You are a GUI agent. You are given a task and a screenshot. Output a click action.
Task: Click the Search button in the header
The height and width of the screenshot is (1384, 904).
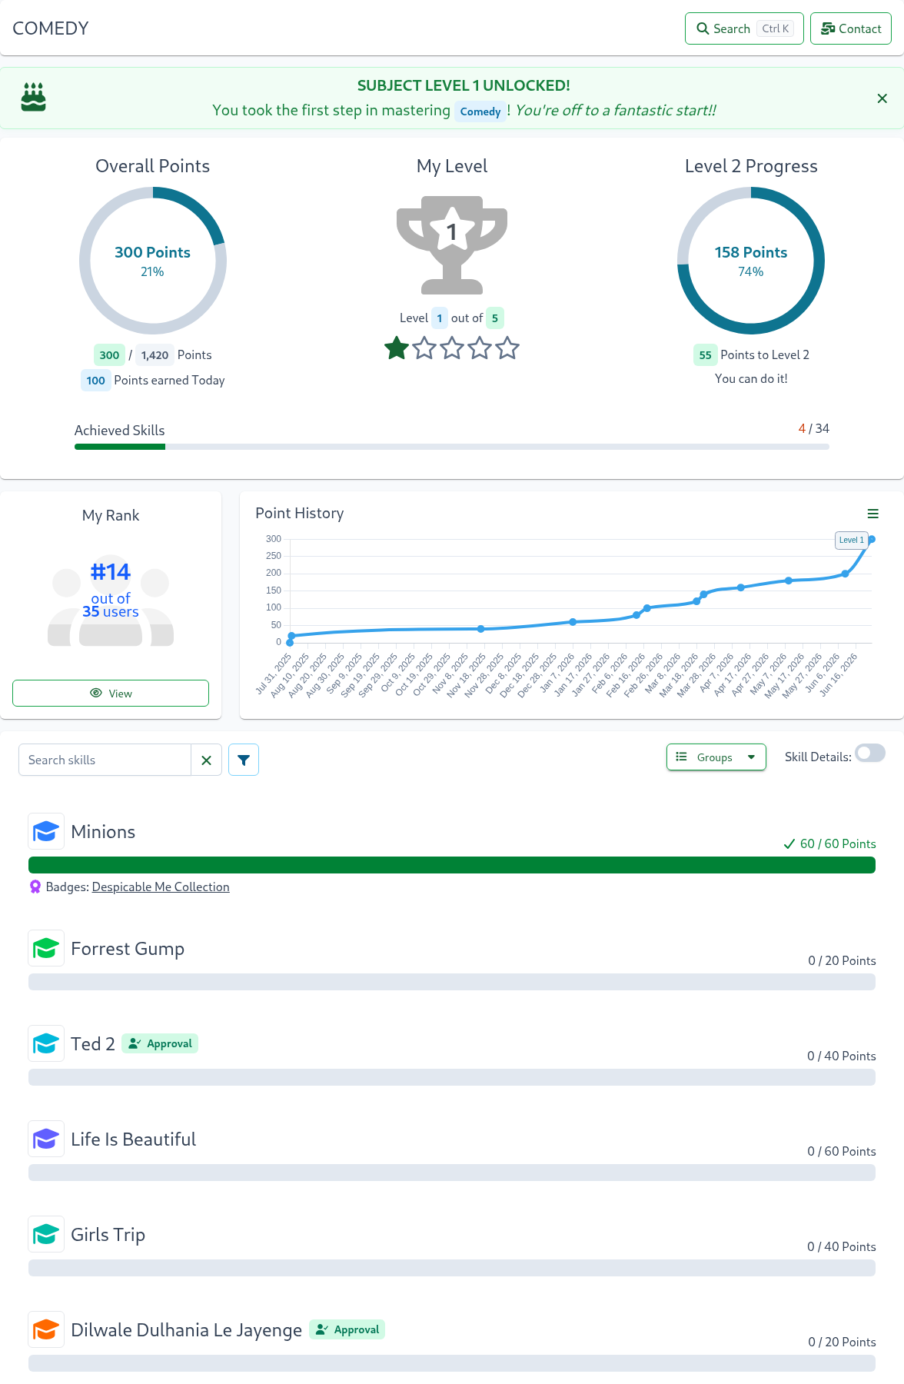pyautogui.click(x=744, y=28)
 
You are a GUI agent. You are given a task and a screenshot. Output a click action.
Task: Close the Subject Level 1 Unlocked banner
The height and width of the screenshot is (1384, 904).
pyautogui.click(x=882, y=98)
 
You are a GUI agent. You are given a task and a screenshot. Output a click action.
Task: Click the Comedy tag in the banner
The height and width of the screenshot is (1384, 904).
pyautogui.click(x=480, y=111)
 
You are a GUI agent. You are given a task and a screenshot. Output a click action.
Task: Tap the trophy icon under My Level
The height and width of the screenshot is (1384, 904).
pyautogui.click(x=452, y=245)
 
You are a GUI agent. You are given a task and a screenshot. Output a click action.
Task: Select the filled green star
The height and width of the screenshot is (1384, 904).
pyautogui.click(x=397, y=348)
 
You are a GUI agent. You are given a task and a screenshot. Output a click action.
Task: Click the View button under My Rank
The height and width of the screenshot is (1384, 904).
pyautogui.click(x=111, y=693)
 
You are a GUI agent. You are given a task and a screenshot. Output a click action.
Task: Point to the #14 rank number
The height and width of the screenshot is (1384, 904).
pyautogui.click(x=111, y=571)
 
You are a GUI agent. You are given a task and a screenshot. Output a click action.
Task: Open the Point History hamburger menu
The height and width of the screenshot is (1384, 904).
pyautogui.click(x=873, y=514)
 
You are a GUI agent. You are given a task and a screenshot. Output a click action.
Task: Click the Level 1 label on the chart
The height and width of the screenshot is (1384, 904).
pyautogui.click(x=852, y=540)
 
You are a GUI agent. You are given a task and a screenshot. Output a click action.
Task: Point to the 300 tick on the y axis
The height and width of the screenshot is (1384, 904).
pyautogui.click(x=274, y=539)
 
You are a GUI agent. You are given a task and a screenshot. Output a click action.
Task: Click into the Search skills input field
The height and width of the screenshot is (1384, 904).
pyautogui.click(x=105, y=760)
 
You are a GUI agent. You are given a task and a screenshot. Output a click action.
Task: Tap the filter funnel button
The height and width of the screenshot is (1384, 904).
pyautogui.click(x=244, y=760)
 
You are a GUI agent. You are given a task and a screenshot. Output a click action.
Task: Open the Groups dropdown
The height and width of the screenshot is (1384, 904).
pyautogui.click(x=716, y=757)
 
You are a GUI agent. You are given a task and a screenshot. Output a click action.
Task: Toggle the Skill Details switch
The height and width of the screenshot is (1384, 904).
pyautogui.click(x=870, y=754)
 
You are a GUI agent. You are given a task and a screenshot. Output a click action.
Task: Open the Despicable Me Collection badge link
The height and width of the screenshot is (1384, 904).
pyautogui.click(x=161, y=887)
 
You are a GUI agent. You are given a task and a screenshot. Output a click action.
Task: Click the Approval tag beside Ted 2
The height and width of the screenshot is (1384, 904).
pyautogui.click(x=160, y=1043)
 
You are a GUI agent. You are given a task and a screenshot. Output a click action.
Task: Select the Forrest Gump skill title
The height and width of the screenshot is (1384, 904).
pyautogui.click(x=128, y=949)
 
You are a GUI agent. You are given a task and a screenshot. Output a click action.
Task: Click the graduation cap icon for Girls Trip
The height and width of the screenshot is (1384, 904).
pyautogui.click(x=46, y=1234)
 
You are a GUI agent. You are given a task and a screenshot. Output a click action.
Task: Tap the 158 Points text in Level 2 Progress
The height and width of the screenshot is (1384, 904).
pyautogui.click(x=751, y=252)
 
